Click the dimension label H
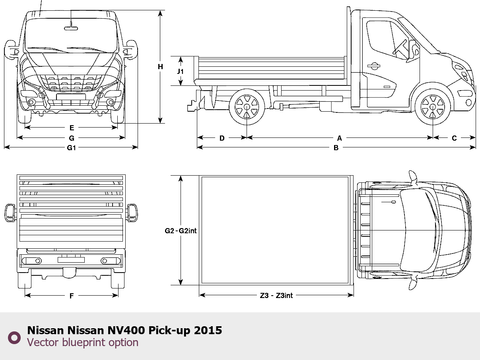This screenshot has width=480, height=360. [160, 67]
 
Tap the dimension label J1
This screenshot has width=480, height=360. [180, 72]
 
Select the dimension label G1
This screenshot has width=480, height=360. [72, 148]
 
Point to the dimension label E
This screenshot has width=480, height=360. [72, 128]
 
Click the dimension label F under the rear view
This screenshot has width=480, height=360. [72, 296]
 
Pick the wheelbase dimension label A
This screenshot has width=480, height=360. [339, 138]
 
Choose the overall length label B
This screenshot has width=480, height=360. [336, 148]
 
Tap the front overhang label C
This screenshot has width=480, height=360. [454, 138]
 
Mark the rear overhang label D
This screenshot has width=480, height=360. [222, 138]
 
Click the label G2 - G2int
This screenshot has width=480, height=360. [181, 231]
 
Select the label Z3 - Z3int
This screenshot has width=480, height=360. [276, 296]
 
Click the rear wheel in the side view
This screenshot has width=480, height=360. [247, 106]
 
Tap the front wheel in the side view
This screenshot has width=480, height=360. [432, 106]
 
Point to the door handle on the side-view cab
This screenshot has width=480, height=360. [373, 66]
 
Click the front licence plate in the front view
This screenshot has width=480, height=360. [71, 97]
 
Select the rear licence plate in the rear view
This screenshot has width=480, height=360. [71, 260]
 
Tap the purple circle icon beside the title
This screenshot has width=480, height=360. [14, 337]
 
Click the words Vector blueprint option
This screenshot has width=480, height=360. [83, 343]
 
